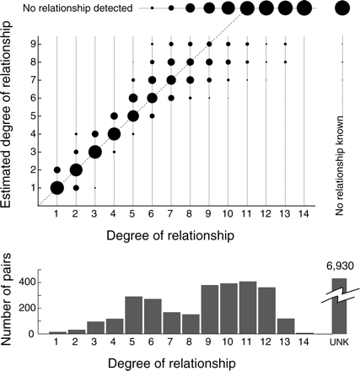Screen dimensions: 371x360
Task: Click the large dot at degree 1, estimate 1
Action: [56, 188]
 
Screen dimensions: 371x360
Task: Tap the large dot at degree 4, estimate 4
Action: [114, 133]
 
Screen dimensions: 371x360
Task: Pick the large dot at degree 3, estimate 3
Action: [95, 152]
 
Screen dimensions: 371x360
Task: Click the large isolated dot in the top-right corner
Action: [341, 8]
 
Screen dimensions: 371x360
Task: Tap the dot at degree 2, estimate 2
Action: [76, 169]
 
